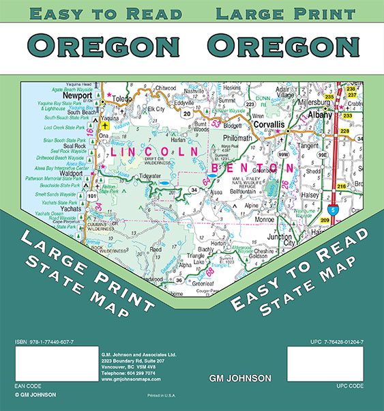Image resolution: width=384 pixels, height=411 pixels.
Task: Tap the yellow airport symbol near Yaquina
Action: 104,125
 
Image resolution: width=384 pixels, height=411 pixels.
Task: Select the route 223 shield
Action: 250,104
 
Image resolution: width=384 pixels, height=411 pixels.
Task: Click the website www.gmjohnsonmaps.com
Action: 129,379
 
